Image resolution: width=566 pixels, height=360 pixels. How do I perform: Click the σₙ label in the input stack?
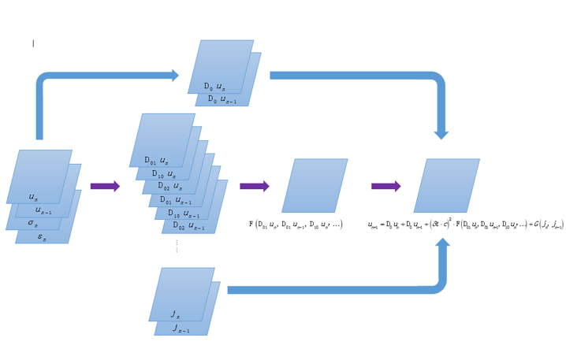click(33, 224)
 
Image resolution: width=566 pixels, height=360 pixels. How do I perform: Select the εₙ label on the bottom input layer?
click(43, 236)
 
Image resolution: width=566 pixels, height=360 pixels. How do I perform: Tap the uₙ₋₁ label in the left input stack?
click(43, 211)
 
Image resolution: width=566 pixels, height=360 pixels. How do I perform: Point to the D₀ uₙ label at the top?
click(214, 86)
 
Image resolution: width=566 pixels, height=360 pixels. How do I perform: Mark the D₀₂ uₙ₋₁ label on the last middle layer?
click(190, 227)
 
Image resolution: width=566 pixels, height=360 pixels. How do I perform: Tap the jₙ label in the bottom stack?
click(175, 314)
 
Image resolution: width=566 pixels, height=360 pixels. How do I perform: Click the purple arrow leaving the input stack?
click(105, 187)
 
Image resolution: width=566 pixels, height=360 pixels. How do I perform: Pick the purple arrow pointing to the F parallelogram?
click(255, 187)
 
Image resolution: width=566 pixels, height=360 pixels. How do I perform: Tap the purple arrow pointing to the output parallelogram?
click(385, 187)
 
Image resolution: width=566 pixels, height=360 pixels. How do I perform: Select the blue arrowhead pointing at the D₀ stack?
click(173, 76)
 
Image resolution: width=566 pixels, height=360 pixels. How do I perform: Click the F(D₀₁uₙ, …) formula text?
click(296, 225)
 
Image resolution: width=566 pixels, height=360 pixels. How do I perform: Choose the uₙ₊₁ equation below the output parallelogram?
click(465, 225)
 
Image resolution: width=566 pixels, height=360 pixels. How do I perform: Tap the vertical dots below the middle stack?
click(177, 247)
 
